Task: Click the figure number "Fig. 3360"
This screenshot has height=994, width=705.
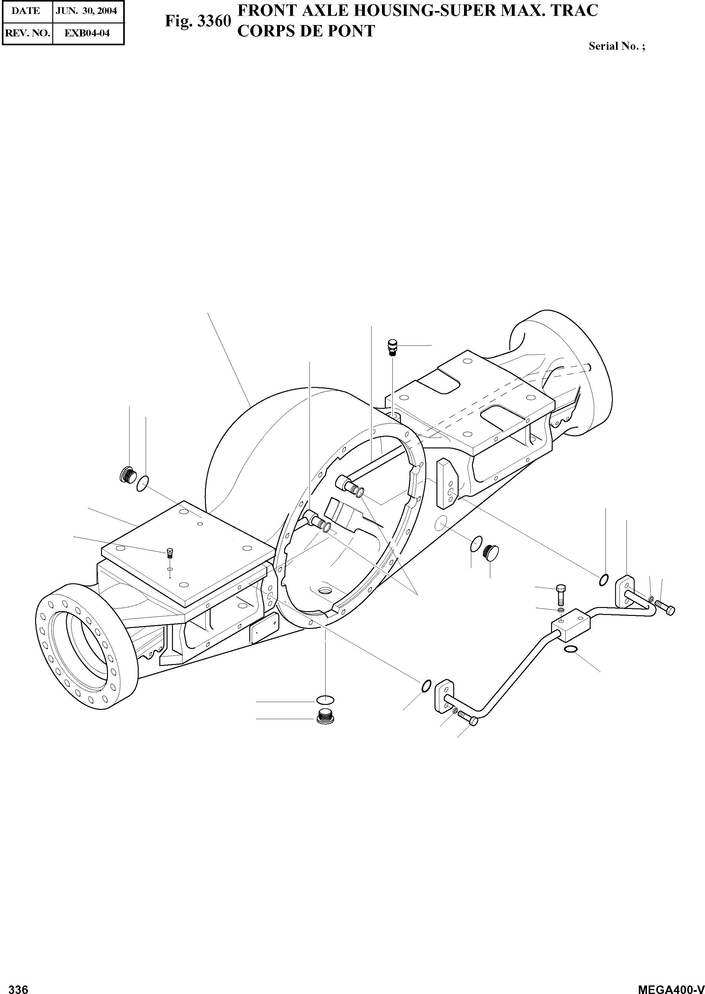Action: pos(198,21)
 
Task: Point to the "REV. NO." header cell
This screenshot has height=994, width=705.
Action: pos(27,33)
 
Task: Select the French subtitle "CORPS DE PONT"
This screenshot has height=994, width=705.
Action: pos(306,31)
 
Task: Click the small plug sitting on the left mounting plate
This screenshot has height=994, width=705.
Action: pos(170,554)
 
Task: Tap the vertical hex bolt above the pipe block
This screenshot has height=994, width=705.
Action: pos(560,594)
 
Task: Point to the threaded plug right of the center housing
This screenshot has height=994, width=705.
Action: pos(491,552)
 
